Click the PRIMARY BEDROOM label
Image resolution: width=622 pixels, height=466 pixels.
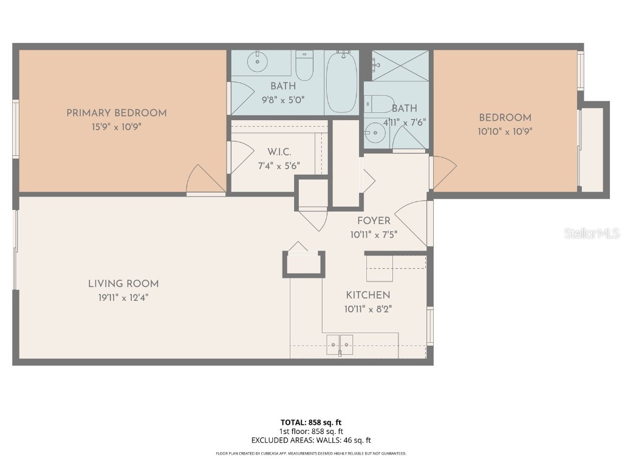pos(116,113)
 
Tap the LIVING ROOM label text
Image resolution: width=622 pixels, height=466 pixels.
pos(123,283)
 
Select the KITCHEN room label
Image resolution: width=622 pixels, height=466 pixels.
pos(368,295)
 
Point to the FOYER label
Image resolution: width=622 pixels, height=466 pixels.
pos(374,221)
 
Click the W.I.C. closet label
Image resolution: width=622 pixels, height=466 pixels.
pos(279,151)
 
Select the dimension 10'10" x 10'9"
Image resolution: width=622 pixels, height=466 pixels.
pos(505,131)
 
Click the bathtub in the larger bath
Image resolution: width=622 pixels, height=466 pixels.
pos(341,82)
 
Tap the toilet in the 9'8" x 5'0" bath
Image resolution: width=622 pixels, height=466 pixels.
pos(304,66)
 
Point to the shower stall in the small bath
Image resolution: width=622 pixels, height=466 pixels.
pos(400,66)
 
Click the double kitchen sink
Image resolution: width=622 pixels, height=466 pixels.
pos(340,344)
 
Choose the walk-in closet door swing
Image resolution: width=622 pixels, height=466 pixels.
pos(240,157)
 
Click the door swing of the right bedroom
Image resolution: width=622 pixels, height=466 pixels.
pos(443,172)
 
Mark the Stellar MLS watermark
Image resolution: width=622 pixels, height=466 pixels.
pos(591,234)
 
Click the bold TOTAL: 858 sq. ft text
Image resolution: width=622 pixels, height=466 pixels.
pos(310,422)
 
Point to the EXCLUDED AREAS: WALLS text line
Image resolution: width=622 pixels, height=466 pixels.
pos(310,441)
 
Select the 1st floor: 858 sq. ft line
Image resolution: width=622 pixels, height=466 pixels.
pos(310,431)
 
